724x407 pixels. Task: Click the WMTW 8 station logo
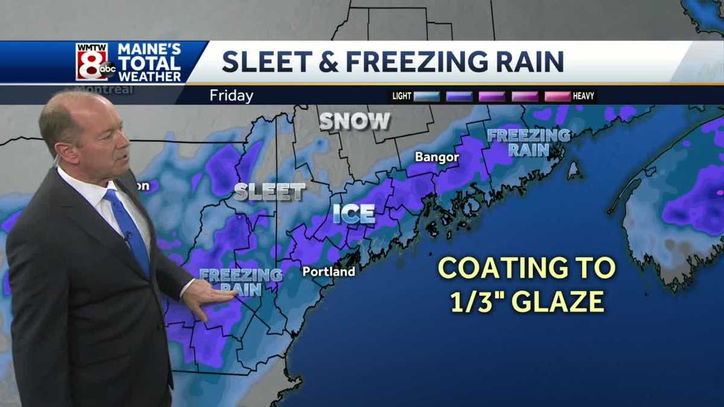(95, 62)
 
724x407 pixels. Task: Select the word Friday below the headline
(232, 96)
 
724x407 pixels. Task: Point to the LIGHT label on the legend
(402, 96)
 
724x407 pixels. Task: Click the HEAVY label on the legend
(584, 96)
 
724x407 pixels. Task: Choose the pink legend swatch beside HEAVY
(557, 96)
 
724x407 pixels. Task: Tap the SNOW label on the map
(355, 121)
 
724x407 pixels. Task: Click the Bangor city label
(437, 157)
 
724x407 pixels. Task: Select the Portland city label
(329, 272)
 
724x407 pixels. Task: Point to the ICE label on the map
(354, 213)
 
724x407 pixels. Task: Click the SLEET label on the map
(269, 192)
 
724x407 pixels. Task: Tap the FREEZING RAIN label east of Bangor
(529, 142)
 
